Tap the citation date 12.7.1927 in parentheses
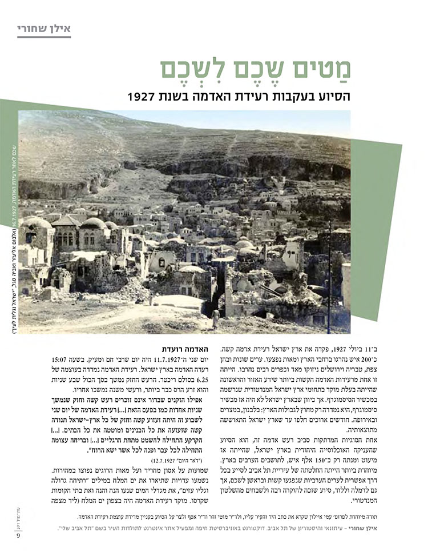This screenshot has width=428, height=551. (165, 458)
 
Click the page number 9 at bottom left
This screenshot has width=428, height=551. (18, 533)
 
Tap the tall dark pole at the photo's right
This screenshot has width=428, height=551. (329, 274)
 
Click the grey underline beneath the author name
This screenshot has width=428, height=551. (43, 37)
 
